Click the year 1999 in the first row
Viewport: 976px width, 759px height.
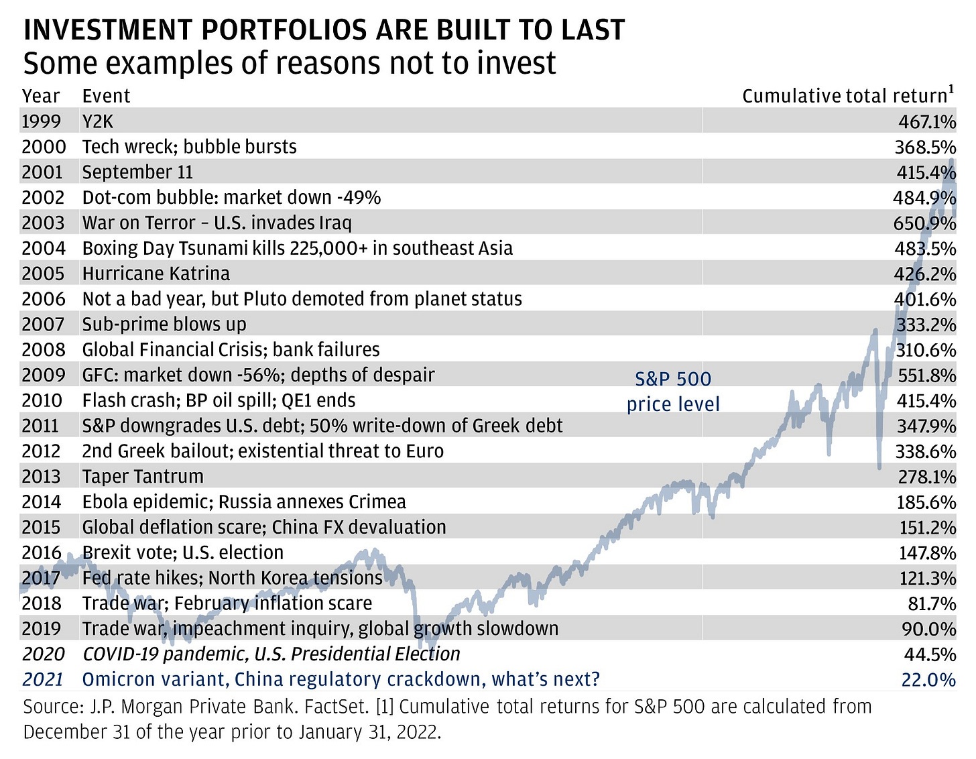click(x=41, y=121)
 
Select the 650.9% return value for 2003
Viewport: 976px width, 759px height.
click(x=924, y=223)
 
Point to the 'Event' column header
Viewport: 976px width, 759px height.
click(x=106, y=96)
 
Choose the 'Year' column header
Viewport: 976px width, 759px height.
click(x=41, y=96)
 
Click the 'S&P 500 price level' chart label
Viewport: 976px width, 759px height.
click(x=673, y=392)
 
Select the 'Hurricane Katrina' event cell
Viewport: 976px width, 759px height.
click(x=156, y=274)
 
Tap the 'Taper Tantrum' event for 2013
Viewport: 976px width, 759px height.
click(x=142, y=477)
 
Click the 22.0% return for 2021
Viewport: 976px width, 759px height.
click(x=928, y=679)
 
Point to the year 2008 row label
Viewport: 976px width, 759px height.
click(x=44, y=350)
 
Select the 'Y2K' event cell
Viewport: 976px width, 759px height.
click(x=97, y=121)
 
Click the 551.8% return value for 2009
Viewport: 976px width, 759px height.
click(x=926, y=375)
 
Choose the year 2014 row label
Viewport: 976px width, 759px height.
click(x=41, y=502)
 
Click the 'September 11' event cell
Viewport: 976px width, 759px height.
click(x=137, y=172)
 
